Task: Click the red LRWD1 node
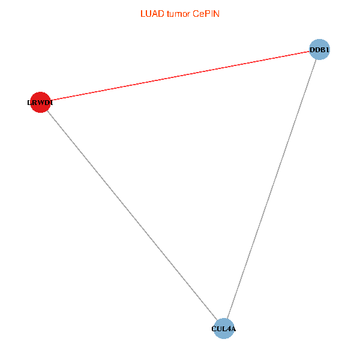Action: click(x=40, y=102)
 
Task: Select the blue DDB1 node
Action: click(x=319, y=50)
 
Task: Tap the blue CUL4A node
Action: click(x=224, y=328)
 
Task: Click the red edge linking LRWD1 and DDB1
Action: click(x=179, y=76)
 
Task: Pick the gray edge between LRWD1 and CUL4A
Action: click(x=132, y=215)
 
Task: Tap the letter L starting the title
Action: click(x=142, y=13)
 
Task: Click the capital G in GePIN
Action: click(x=196, y=13)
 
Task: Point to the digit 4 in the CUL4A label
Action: click(x=229, y=329)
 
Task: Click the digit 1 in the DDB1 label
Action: click(x=328, y=50)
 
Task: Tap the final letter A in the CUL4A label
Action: click(x=233, y=329)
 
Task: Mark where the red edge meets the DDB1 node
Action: click(x=309, y=52)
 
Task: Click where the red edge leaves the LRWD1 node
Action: click(x=50, y=100)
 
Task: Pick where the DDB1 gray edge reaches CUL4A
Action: click(x=228, y=319)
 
